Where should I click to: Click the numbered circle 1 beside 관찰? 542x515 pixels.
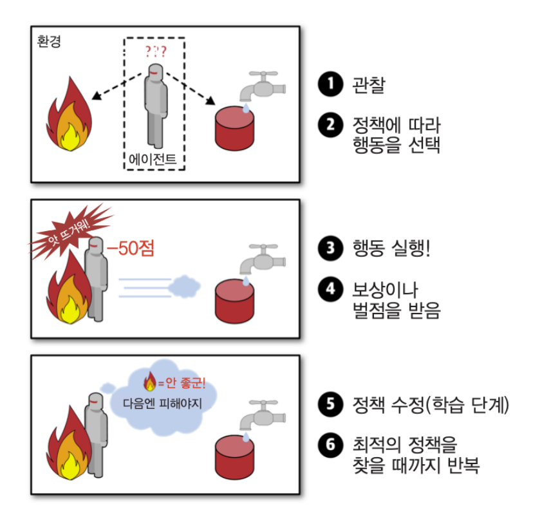pos(330,85)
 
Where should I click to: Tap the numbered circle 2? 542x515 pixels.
pos(330,124)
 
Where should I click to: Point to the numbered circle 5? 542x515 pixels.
pos(330,406)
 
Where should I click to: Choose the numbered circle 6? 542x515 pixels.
pos(330,445)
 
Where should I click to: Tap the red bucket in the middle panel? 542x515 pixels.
pos(234,299)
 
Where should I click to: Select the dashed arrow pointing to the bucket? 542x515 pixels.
pos(191,88)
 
